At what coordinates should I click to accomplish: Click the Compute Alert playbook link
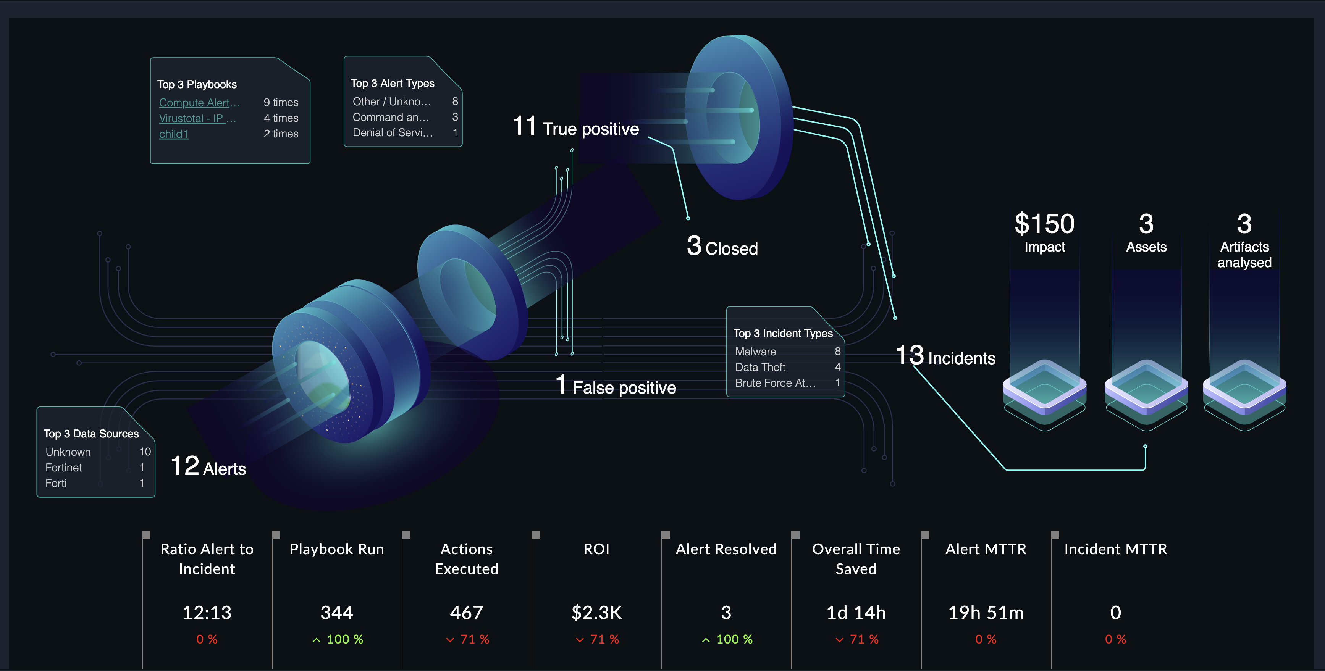199,103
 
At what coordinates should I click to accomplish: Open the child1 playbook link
174,134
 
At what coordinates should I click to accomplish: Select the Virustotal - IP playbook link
197,118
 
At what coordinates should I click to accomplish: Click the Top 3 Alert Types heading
393,83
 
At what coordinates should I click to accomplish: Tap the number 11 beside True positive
525,126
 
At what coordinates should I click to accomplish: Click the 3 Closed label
722,247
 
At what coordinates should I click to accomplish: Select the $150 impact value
1044,224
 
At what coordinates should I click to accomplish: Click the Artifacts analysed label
1244,255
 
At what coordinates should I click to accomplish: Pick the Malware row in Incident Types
756,352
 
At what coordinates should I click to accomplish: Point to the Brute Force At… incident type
775,383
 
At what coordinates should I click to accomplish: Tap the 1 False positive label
616,386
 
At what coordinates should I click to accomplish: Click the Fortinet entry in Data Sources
64,468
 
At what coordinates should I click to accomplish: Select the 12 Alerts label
208,467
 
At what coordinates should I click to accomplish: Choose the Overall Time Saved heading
856,559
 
